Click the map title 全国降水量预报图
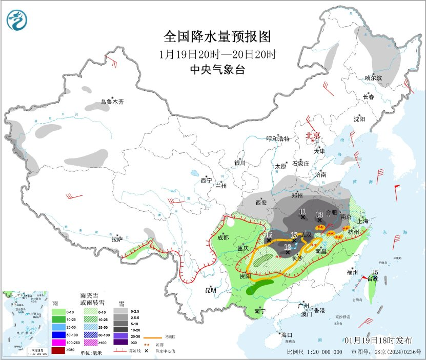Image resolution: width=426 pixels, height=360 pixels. pos(217,37)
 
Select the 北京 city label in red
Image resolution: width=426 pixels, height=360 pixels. pos(313,136)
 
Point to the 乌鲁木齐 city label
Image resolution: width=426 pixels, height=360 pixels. pos(112,102)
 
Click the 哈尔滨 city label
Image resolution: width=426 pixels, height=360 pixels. pos(374,78)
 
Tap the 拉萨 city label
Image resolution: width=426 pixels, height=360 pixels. pos(117,238)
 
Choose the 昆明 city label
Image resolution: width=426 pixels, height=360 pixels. pos(211,290)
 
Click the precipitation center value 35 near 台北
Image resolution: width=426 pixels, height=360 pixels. pos(375,272)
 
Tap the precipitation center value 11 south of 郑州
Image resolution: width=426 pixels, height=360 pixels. pos(302,211)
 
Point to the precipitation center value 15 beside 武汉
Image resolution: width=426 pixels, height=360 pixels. pos(294,235)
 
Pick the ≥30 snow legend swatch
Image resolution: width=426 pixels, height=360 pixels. pos(120,342)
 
